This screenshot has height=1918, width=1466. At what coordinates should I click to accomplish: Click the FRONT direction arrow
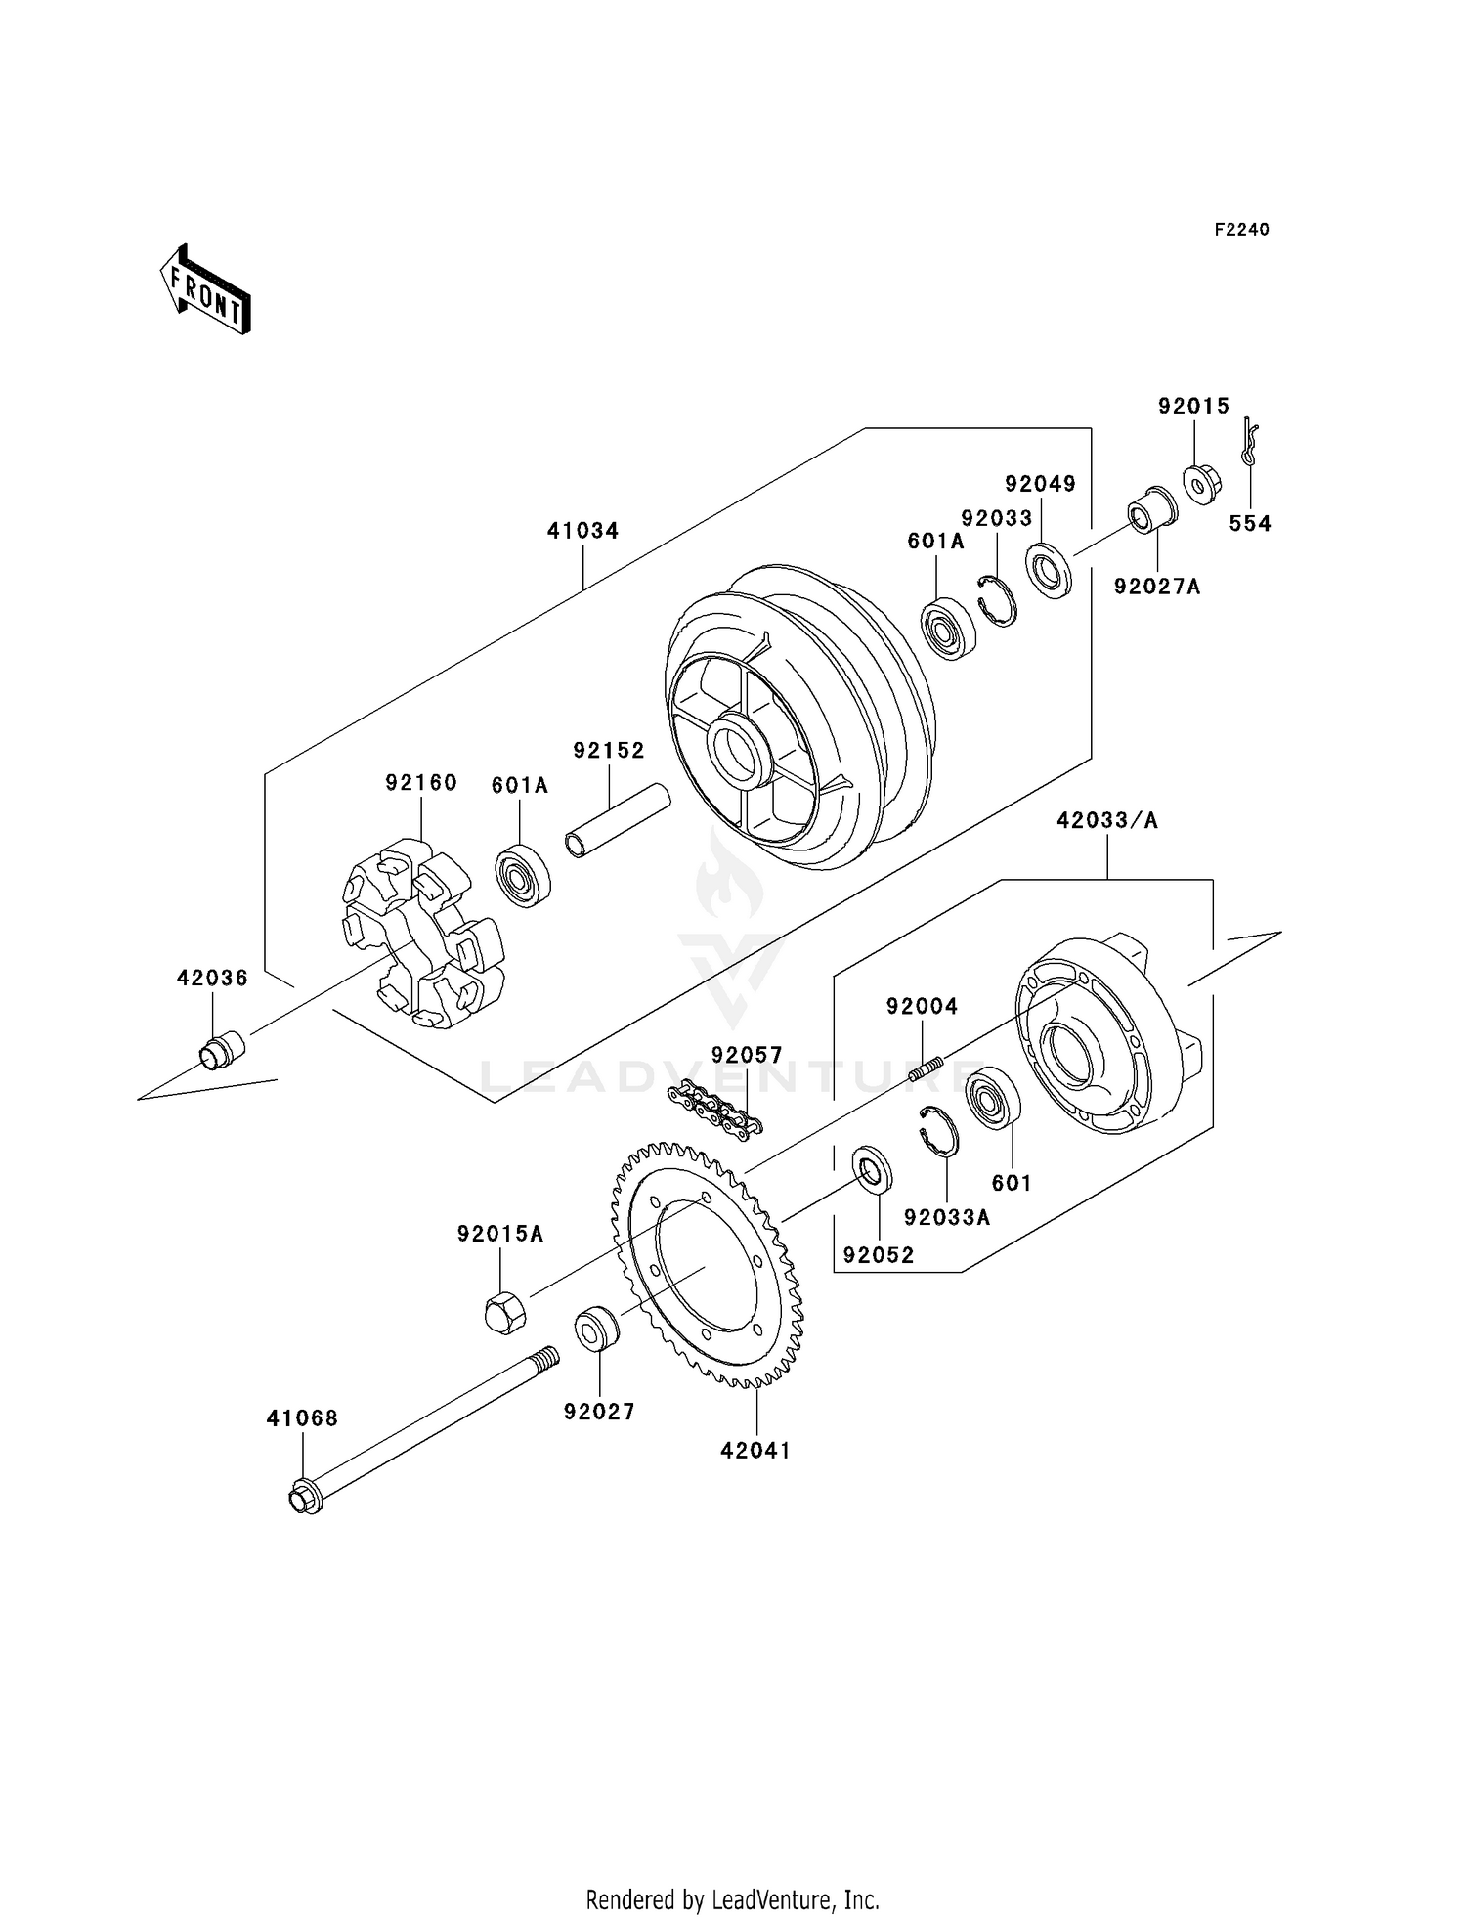click(x=206, y=290)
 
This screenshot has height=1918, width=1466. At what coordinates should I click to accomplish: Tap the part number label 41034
click(x=582, y=531)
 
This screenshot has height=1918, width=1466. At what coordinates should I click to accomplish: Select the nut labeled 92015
click(x=1198, y=483)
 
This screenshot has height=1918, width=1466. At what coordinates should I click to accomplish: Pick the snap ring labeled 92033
click(x=997, y=599)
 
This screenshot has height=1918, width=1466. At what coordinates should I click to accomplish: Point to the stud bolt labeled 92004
click(x=926, y=1069)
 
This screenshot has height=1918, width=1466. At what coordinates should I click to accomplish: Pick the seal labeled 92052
click(x=872, y=1168)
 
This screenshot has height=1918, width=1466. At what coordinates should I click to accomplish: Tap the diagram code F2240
click(x=1241, y=230)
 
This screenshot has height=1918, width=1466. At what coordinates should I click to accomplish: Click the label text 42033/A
click(x=1106, y=821)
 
